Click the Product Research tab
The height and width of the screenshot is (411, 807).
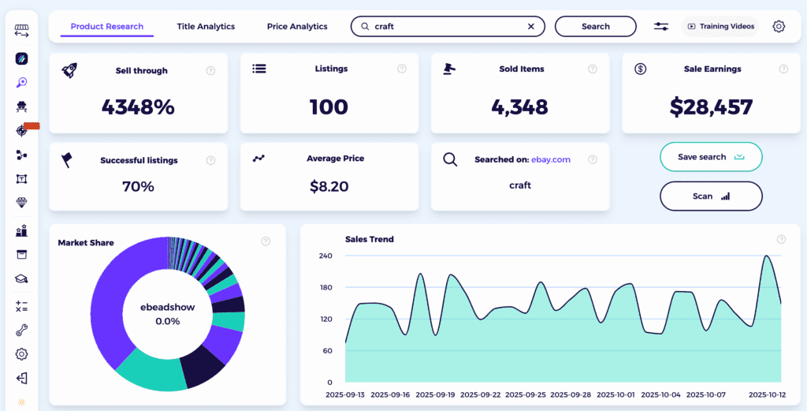tap(107, 26)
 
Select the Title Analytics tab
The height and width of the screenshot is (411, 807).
tap(206, 26)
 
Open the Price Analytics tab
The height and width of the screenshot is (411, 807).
tap(297, 26)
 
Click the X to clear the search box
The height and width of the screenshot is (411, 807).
tap(531, 26)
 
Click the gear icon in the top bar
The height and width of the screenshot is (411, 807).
tap(779, 26)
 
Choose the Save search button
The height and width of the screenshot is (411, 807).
tap(710, 157)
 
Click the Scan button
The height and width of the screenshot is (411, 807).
tap(710, 196)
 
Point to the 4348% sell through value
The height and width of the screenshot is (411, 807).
tap(138, 106)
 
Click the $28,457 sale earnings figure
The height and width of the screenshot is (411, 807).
tap(712, 106)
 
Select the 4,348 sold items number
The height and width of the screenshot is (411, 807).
tap(520, 106)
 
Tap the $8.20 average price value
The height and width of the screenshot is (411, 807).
tap(329, 186)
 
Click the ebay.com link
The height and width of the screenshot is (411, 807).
tap(551, 159)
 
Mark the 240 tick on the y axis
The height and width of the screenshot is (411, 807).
tap(325, 256)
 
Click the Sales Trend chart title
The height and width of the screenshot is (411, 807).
tap(370, 239)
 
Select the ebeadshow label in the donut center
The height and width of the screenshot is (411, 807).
tap(167, 308)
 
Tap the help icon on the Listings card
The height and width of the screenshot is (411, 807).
tap(402, 69)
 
